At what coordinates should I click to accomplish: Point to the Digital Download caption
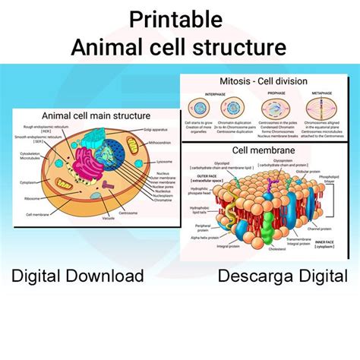77,275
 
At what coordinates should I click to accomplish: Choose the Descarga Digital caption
283,275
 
